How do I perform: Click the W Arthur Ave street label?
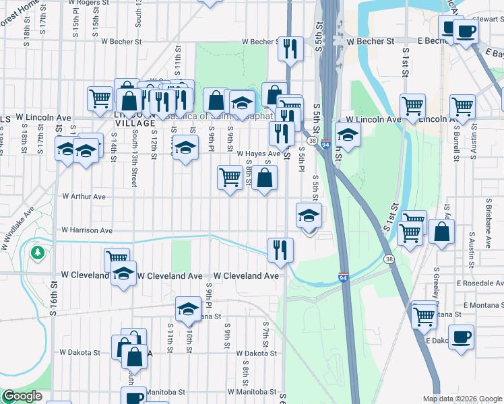tap(84, 197)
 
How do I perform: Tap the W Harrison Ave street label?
tap(87, 230)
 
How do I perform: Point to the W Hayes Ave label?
tap(257, 154)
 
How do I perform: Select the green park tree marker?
tap(37, 252)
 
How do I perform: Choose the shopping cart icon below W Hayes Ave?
tap(230, 177)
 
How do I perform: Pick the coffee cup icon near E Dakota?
tap(461, 336)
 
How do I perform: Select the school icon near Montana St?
tap(188, 309)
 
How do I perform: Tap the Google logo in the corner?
tap(22, 397)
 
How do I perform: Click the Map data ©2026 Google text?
tap(462, 399)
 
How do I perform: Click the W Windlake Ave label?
tap(18, 229)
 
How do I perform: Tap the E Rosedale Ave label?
tap(479, 284)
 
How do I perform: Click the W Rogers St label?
tap(88, 3)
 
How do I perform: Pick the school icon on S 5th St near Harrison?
tap(309, 216)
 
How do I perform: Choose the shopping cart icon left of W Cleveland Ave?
tap(117, 259)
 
